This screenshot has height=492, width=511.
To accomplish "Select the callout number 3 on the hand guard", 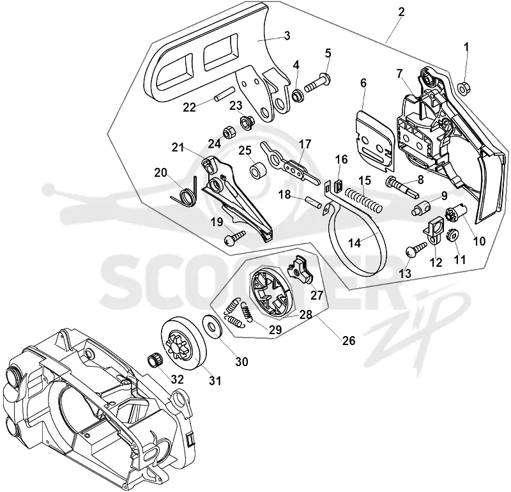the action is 287,35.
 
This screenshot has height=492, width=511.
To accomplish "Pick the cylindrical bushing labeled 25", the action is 258,171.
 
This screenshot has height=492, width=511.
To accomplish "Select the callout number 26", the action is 348,341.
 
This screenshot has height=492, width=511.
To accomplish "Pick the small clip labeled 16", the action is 337,185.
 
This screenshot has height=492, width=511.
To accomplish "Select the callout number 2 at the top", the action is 401,12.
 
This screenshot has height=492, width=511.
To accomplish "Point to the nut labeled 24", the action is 227,132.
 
